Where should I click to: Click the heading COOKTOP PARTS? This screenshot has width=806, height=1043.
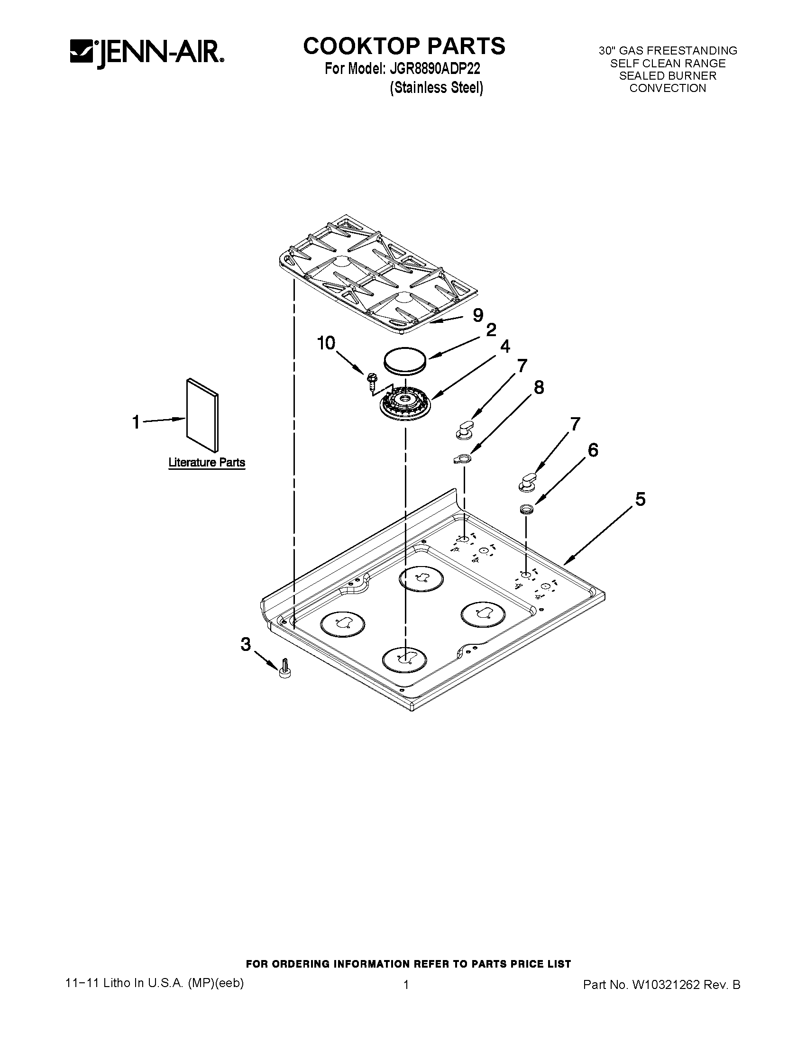(x=404, y=46)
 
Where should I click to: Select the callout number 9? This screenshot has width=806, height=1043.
(x=477, y=315)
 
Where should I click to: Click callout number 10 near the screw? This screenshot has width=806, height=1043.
(x=327, y=343)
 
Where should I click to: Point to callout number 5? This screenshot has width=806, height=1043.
(x=641, y=499)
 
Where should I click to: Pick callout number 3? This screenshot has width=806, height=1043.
(x=246, y=644)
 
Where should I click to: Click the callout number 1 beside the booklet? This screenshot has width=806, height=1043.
(x=137, y=422)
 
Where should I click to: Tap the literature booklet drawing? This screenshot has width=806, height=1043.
(x=203, y=414)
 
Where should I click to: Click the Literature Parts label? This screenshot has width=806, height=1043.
(x=207, y=462)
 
